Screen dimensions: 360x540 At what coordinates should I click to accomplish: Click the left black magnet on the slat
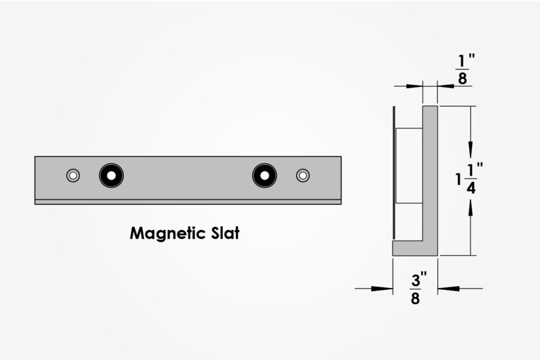(111, 175)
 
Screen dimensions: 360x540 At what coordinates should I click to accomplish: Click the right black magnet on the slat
(265, 175)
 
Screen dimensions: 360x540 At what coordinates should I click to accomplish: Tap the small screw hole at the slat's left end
(73, 175)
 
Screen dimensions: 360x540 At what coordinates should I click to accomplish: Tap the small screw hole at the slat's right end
(303, 175)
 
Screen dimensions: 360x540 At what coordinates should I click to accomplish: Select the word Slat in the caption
(223, 233)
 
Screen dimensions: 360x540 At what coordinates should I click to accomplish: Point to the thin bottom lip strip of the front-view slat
(188, 202)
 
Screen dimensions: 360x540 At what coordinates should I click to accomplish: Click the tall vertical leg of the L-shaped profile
(430, 174)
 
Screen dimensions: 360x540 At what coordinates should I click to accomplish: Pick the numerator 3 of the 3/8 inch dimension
(415, 281)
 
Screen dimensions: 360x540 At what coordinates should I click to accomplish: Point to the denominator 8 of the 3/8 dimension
(415, 298)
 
